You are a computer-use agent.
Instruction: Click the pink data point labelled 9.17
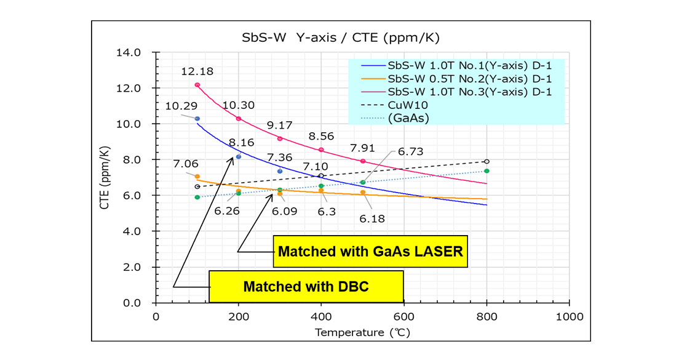(x=280, y=138)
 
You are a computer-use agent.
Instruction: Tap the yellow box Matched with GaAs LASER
(x=370, y=251)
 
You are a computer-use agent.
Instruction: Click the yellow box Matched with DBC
(x=306, y=287)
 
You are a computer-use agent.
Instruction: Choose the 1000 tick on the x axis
(x=569, y=316)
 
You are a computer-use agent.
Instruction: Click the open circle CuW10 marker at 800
(x=486, y=161)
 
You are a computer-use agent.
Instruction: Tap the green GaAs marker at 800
(x=486, y=170)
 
